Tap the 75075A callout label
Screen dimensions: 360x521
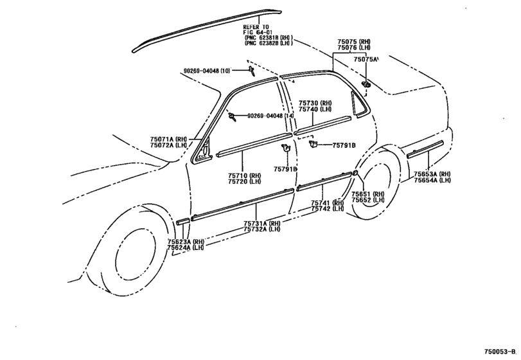pos(367,59)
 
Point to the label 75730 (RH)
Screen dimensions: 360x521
pos(315,104)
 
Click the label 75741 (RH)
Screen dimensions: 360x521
pos(329,203)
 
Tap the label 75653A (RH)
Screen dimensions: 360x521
pos(432,174)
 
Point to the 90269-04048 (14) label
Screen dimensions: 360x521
pos(267,116)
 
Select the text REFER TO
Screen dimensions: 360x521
pos(256,27)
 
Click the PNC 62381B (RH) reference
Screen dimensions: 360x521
pos(269,39)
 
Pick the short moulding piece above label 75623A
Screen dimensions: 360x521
pos(182,221)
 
